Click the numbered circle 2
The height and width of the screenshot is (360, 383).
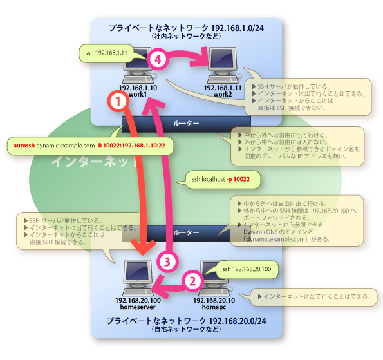[192, 280]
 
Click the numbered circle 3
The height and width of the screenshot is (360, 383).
[166, 261]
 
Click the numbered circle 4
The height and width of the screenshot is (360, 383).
[158, 60]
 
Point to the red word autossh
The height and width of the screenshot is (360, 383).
[24, 146]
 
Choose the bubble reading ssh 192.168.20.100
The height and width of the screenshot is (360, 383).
[247, 268]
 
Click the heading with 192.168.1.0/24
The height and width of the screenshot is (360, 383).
[186, 28]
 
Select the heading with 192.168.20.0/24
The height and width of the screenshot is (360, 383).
[187, 320]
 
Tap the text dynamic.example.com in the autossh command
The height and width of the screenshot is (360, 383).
[65, 146]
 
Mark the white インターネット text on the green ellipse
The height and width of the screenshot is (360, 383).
[86, 162]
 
